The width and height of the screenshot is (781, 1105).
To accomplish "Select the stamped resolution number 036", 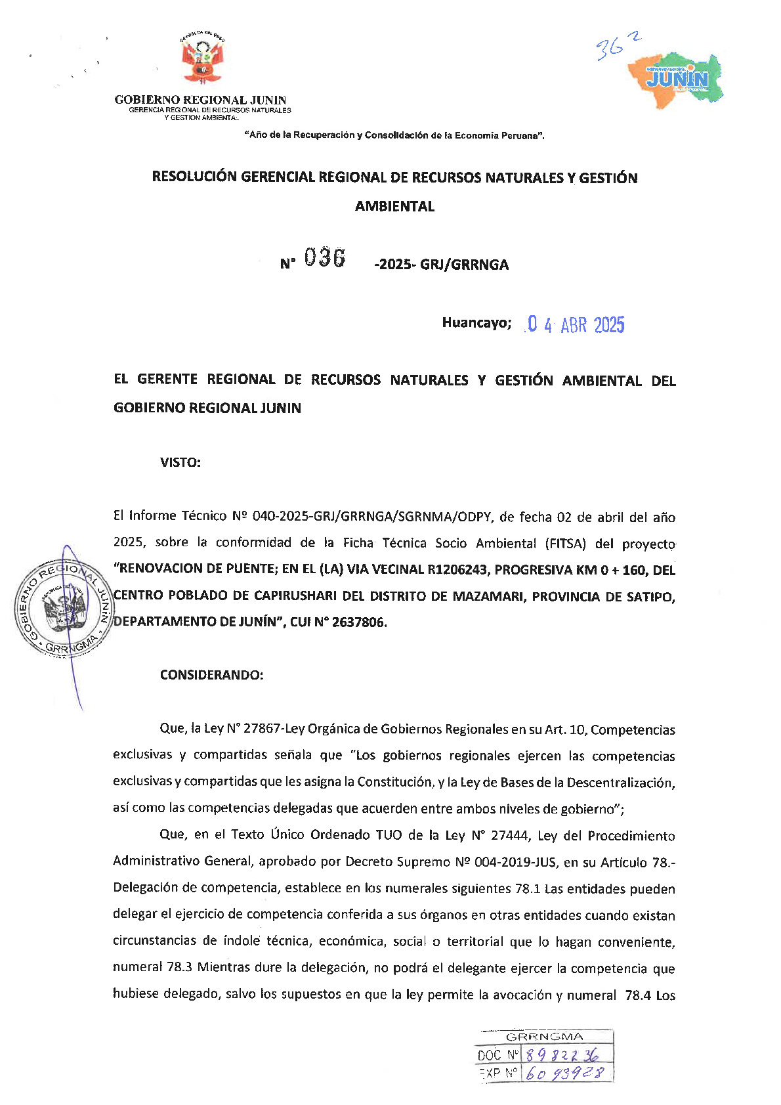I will tap(324, 258).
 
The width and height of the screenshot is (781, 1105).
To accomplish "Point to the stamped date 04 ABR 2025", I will tap(576, 325).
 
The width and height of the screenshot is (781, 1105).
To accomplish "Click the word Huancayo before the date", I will tap(476, 323).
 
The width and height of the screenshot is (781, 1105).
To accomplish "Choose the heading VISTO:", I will tap(180, 462).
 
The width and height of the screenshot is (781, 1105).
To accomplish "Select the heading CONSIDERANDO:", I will tap(211, 675).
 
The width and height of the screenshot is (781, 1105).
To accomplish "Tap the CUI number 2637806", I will tap(359, 622).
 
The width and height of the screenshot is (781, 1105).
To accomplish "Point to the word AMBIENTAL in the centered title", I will tap(394, 206).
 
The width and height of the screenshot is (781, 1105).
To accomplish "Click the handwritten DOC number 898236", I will tap(562, 1055).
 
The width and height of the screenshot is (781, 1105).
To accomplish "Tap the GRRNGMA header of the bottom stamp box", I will tap(544, 1037).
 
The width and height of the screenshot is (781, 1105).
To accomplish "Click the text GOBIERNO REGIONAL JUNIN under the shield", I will tap(200, 100).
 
